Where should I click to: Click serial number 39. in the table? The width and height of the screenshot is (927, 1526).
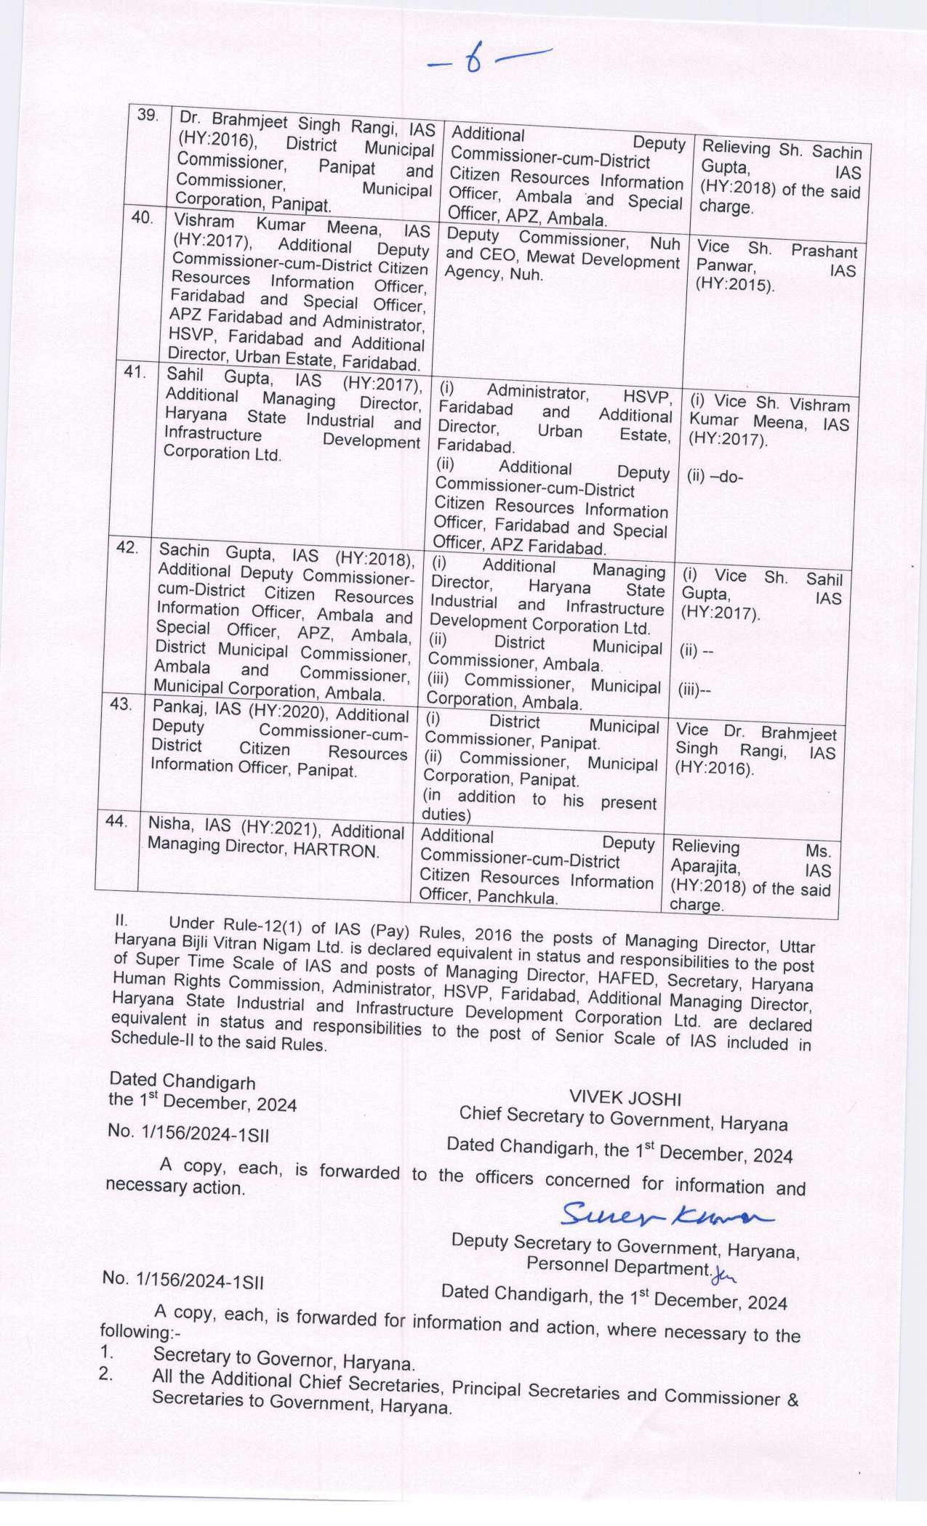click(x=148, y=116)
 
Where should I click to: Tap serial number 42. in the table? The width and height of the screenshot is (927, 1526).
click(x=127, y=547)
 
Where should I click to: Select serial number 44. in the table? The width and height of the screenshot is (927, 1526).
click(x=116, y=821)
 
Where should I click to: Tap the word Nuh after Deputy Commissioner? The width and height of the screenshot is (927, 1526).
click(x=665, y=243)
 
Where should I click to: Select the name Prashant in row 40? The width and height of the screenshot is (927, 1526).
click(x=824, y=251)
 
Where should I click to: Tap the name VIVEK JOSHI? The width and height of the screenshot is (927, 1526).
click(x=625, y=1097)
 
